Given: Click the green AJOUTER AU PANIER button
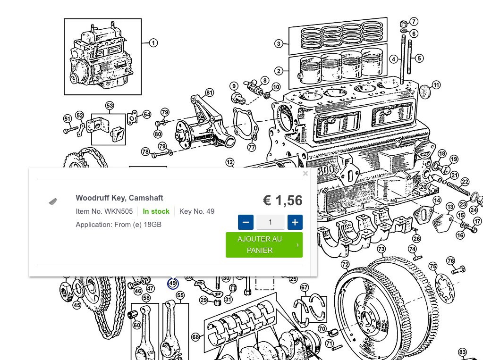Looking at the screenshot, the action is [x=264, y=244].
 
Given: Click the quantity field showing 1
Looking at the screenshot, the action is [x=270, y=222].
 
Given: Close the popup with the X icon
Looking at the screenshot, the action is [x=305, y=173].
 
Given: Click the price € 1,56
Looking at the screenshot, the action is [x=282, y=201].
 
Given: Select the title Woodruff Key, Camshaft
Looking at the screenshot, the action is [x=119, y=198].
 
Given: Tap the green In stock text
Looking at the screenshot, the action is [x=156, y=211].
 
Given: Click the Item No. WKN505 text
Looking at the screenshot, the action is [x=104, y=211].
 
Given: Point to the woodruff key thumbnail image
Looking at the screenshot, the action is [x=53, y=201].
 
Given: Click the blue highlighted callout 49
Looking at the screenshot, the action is [x=173, y=283].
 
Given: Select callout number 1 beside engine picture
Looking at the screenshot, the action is [x=153, y=43].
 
